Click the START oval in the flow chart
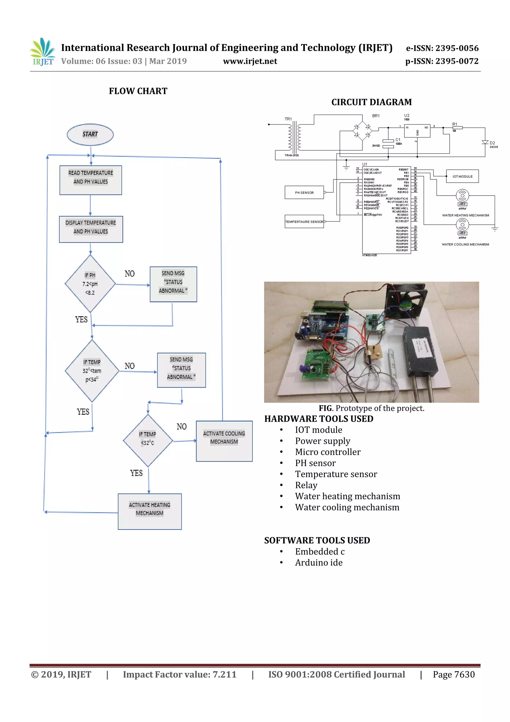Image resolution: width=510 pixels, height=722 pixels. click(90, 135)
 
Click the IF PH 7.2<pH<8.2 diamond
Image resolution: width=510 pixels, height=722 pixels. click(90, 284)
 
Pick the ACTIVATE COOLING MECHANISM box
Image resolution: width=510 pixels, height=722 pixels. click(224, 441)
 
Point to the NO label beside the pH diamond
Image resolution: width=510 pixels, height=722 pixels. click(129, 274)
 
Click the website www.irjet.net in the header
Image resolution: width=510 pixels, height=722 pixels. click(250, 61)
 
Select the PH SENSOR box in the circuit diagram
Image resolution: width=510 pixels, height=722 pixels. click(304, 192)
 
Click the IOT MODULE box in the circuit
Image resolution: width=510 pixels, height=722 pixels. click(462, 176)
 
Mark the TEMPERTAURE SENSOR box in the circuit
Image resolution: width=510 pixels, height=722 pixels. click(304, 222)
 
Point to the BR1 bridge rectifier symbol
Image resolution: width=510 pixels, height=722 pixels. click(362, 131)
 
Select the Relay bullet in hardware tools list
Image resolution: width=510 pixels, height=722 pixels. click(306, 485)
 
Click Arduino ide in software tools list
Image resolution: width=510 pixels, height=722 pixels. click(319, 562)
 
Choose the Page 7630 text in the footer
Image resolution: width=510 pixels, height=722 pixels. click(453, 674)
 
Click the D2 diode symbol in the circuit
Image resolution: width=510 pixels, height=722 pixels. click(485, 143)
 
